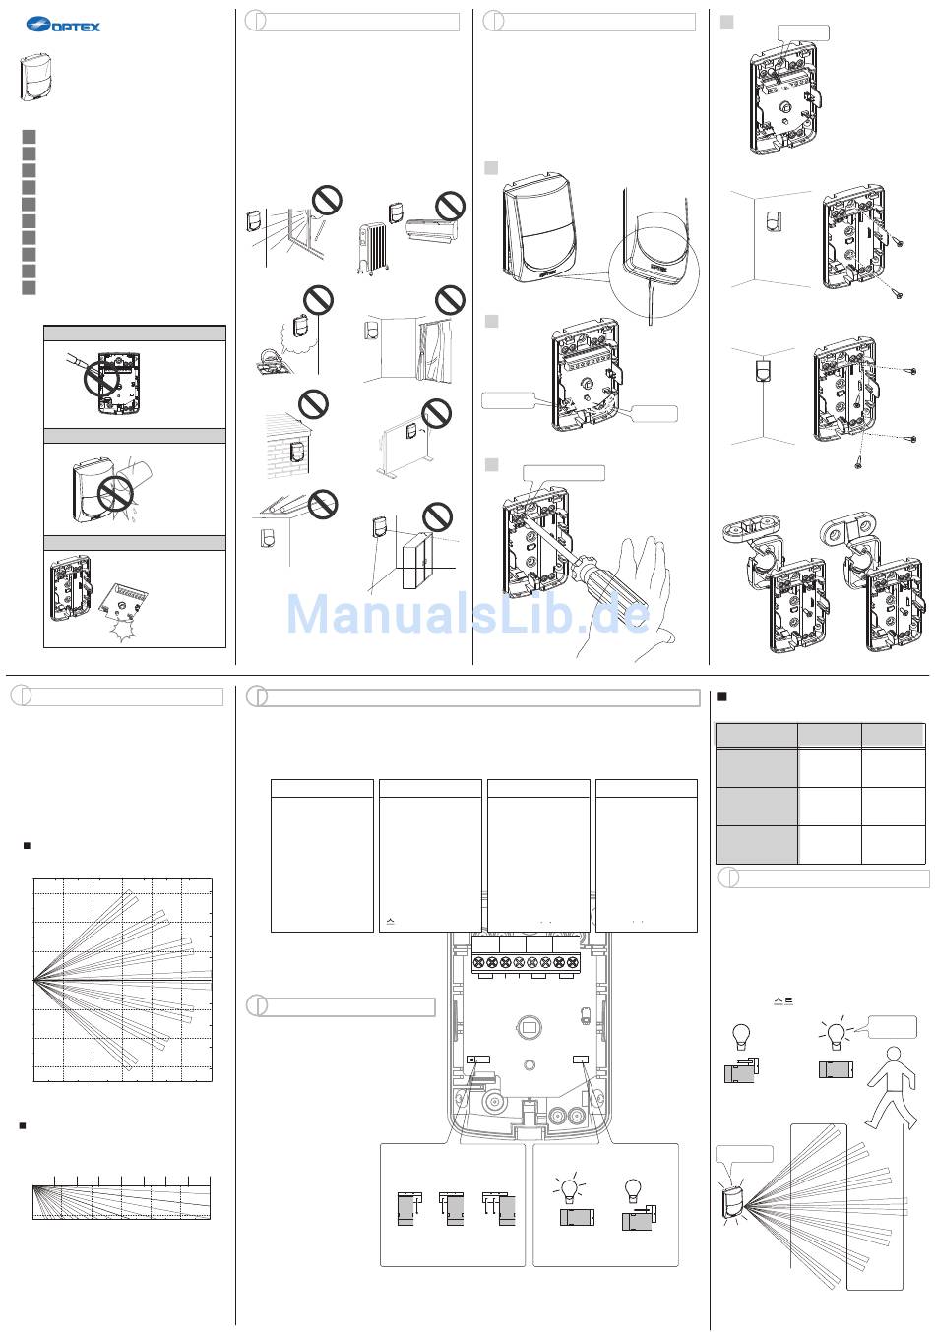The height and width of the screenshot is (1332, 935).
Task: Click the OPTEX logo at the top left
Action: pos(63,25)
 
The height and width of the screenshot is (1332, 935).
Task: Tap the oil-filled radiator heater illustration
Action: pos(372,249)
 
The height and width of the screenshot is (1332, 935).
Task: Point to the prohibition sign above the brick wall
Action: pos(313,404)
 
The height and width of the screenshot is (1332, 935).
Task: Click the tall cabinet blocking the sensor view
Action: pos(417,561)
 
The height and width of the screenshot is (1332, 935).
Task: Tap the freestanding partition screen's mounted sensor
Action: pos(411,431)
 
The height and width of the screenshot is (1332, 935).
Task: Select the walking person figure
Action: pos(892,1088)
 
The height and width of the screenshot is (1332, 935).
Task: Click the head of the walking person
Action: pos(894,1055)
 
